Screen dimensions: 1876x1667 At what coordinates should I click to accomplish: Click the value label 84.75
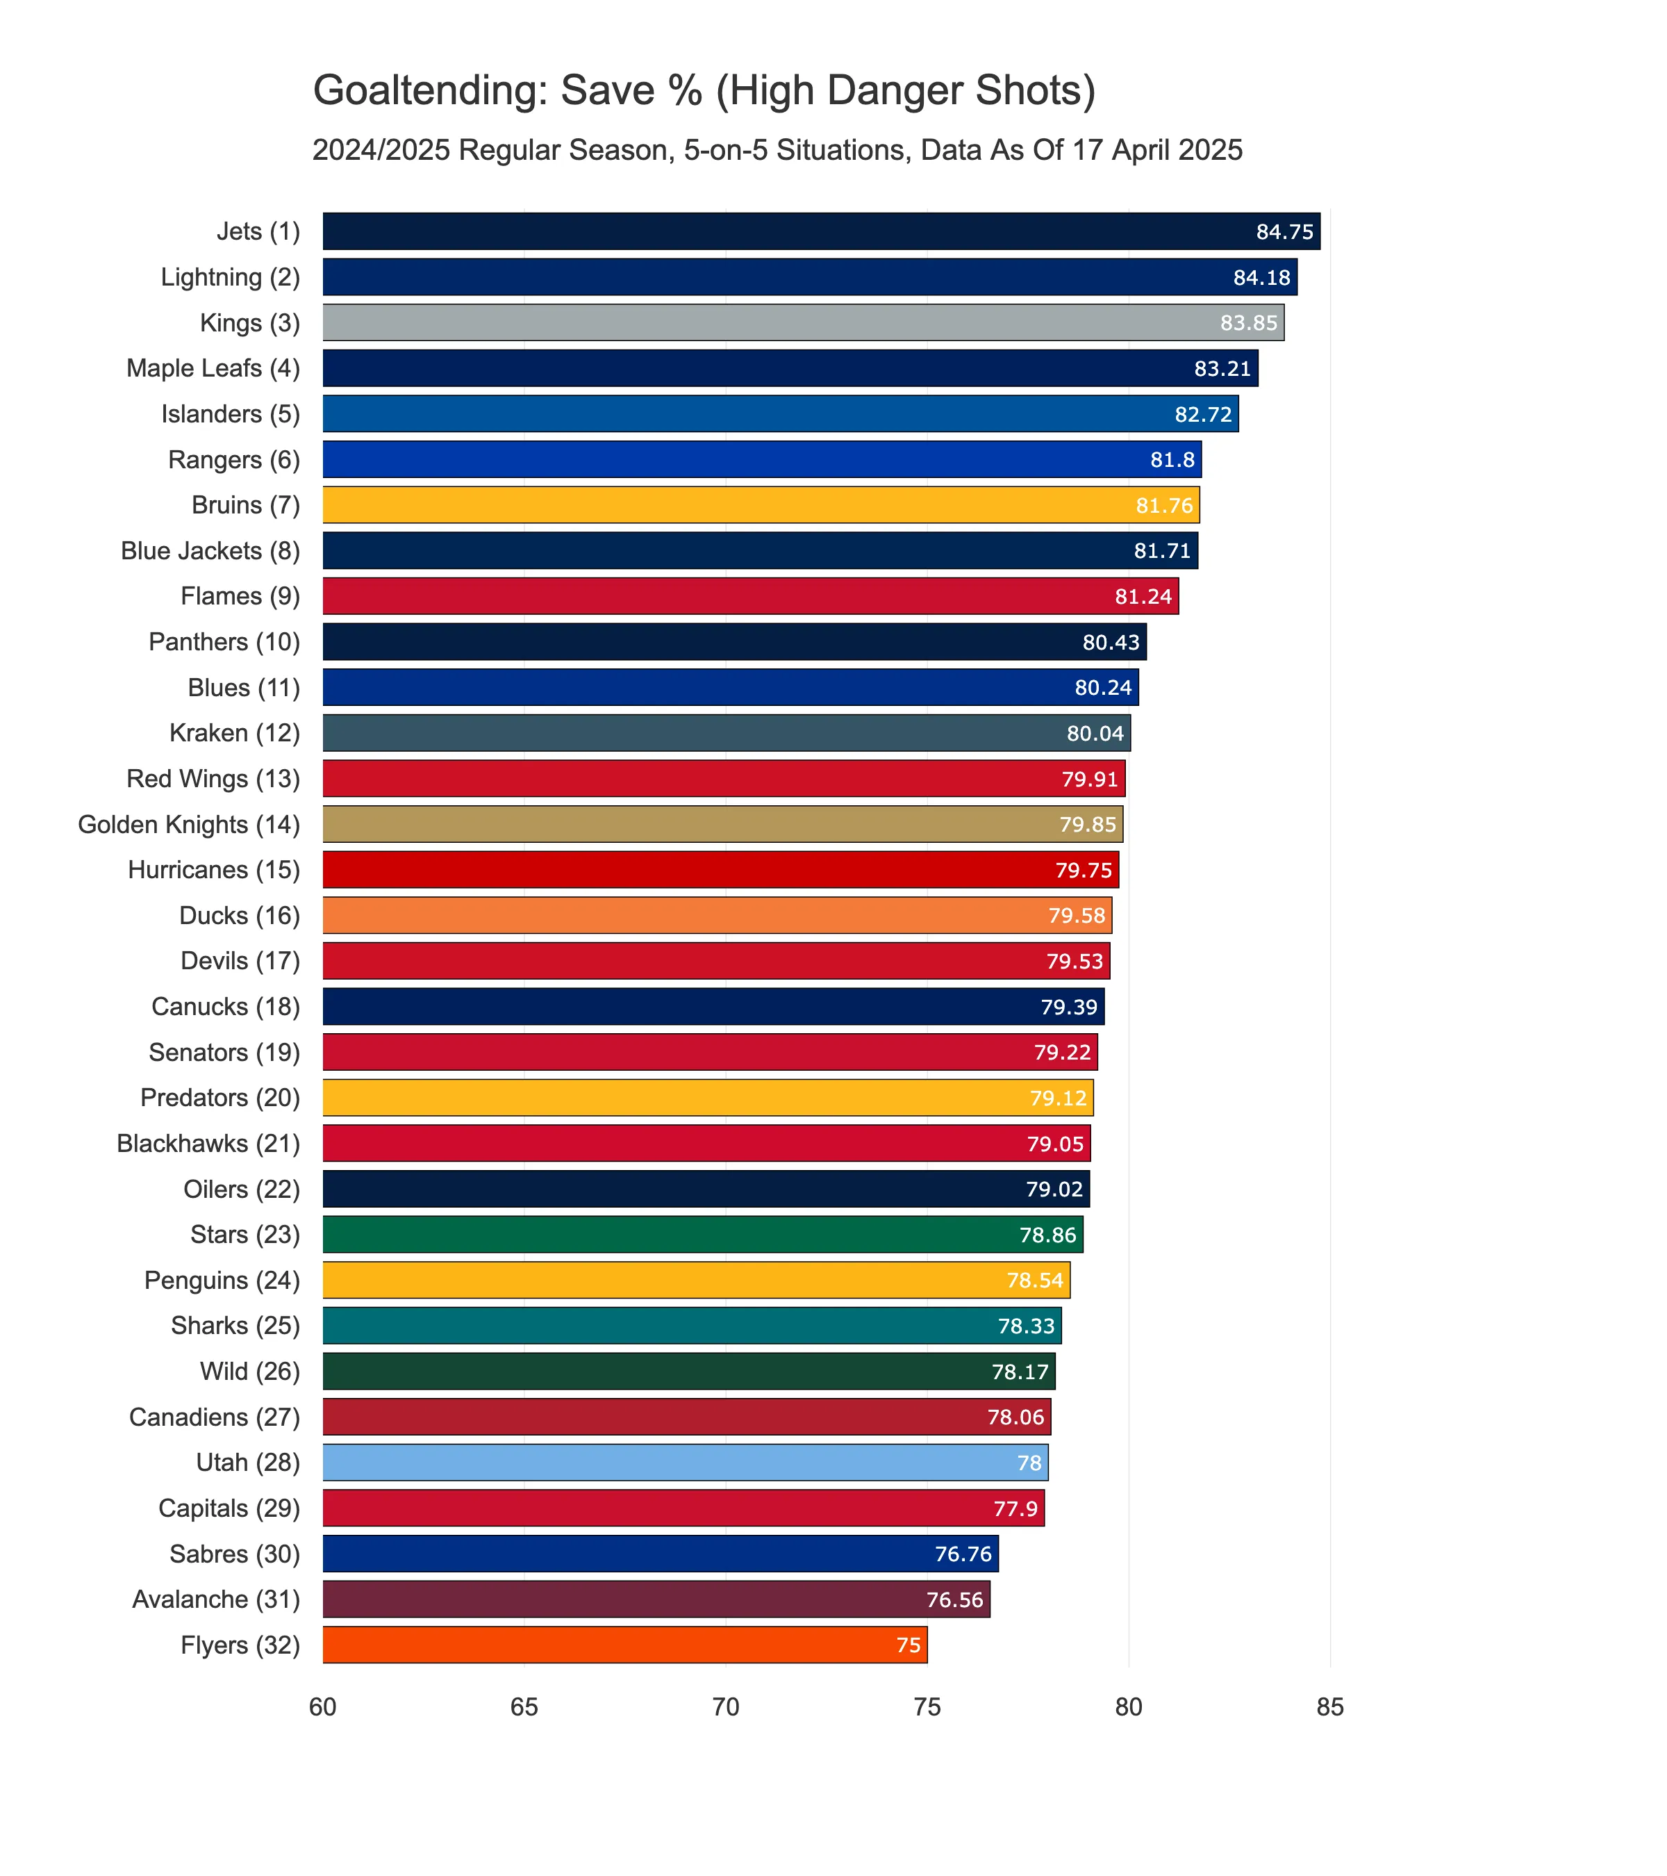point(1284,232)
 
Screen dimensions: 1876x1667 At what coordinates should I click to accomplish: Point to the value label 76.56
point(954,1599)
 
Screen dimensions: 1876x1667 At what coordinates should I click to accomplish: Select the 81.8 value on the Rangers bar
point(1172,460)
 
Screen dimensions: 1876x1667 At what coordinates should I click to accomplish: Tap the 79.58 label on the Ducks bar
point(1076,916)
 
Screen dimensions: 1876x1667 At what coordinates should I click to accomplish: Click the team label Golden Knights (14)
point(189,824)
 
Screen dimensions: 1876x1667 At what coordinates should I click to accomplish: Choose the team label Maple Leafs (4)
point(213,368)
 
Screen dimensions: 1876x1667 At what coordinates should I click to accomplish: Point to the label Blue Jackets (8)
point(210,551)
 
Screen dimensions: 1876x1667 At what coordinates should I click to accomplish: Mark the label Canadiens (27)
point(215,1417)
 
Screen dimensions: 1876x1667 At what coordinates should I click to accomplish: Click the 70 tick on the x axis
point(726,1707)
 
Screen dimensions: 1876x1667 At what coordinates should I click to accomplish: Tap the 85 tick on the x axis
point(1329,1707)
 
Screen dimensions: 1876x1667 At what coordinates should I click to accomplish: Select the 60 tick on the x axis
point(323,1707)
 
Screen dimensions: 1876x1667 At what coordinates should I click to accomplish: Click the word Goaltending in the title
point(429,92)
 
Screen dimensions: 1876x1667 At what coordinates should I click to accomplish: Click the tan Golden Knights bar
point(722,824)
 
